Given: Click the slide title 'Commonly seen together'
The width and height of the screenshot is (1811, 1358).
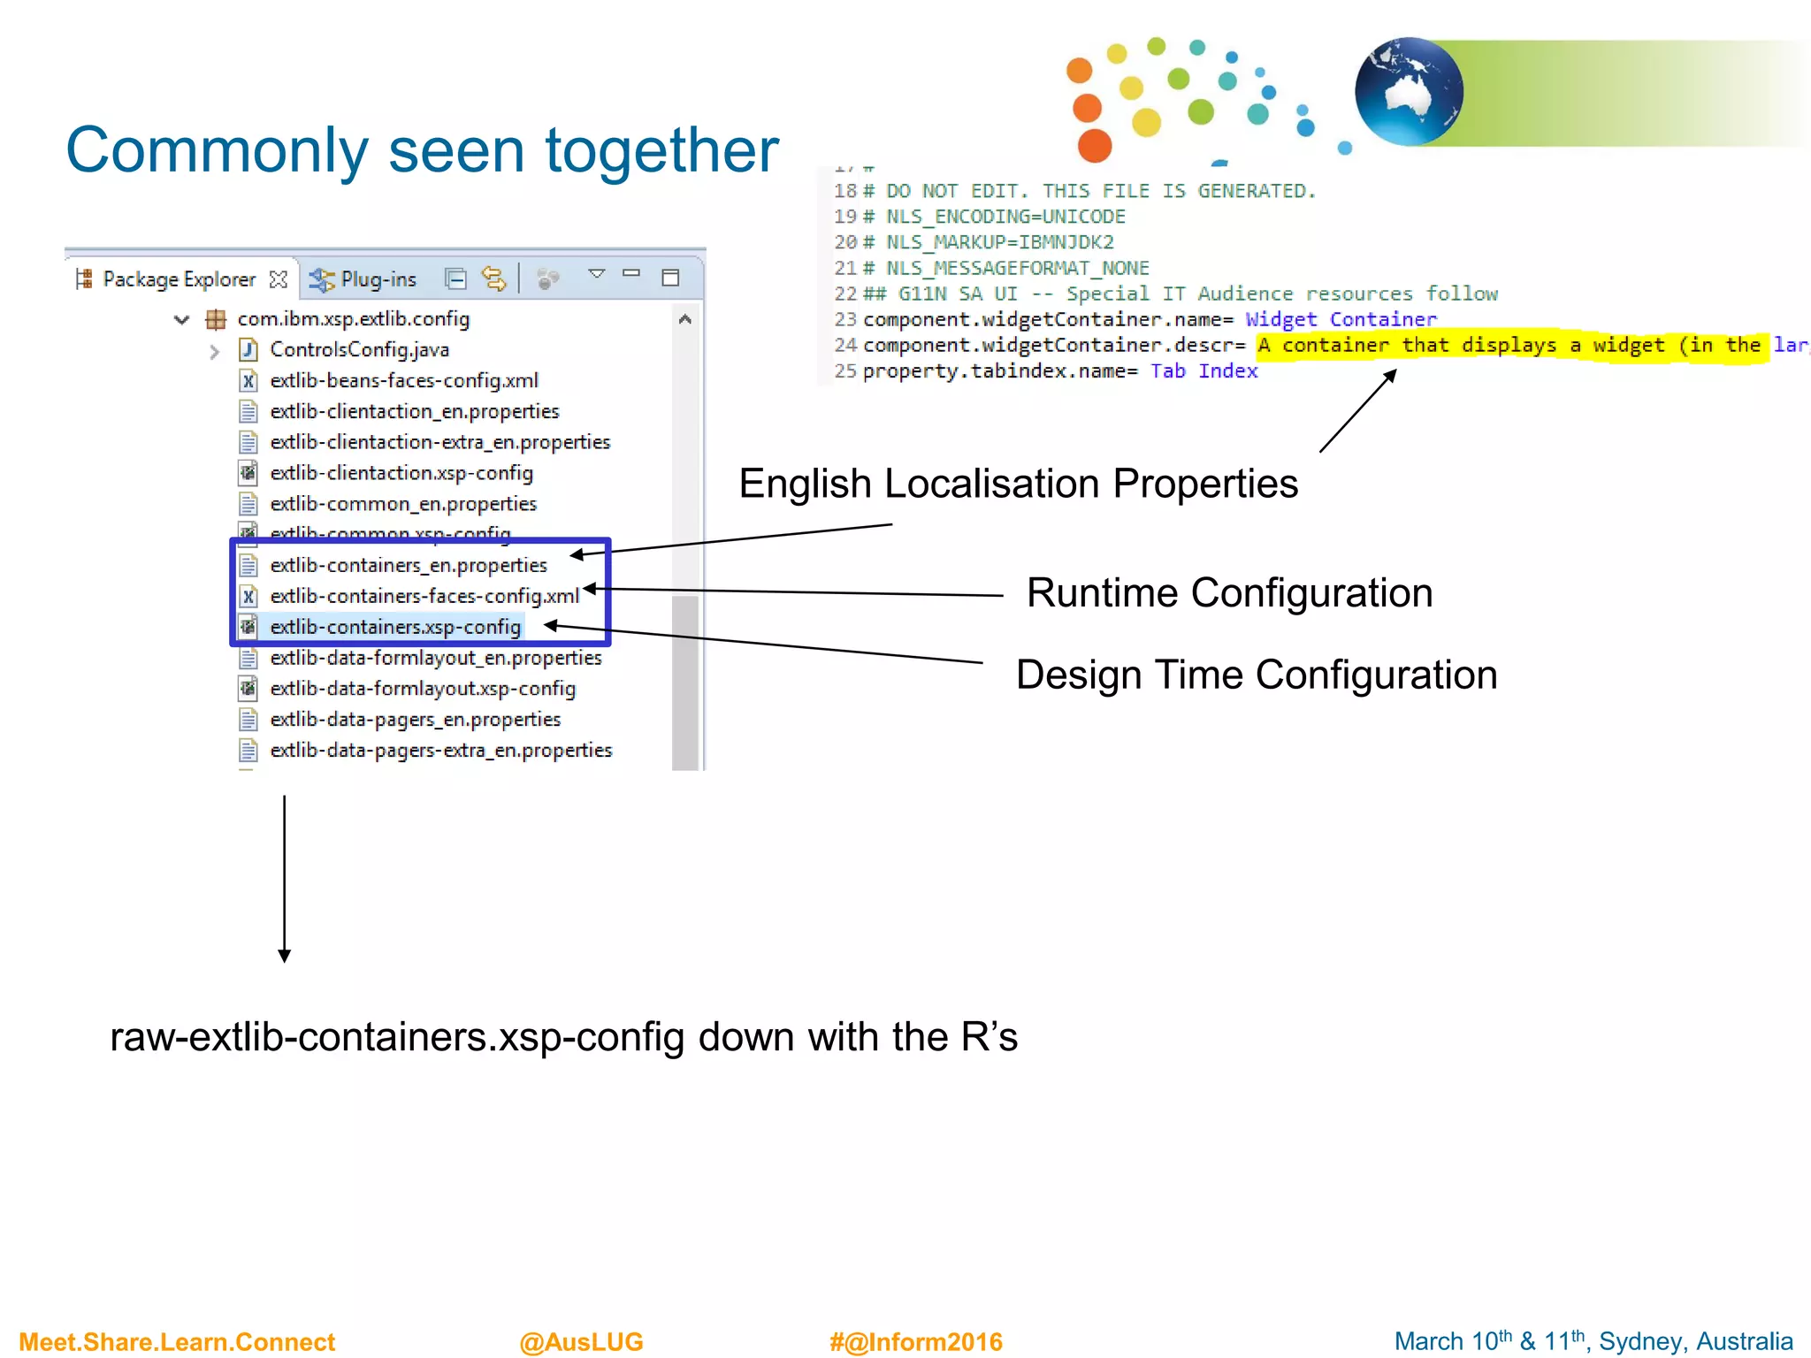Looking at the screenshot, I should (422, 150).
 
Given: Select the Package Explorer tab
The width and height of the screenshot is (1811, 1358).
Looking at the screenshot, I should (178, 279).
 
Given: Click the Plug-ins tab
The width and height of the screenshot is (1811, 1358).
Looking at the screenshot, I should (377, 279).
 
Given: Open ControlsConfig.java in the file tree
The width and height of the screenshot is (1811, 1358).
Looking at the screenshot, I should (359, 350).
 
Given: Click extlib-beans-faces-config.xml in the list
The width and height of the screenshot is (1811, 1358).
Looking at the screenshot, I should (403, 381).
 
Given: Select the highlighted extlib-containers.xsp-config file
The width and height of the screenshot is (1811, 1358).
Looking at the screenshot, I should (394, 627).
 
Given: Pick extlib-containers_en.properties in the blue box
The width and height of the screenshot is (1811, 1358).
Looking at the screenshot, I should (408, 565).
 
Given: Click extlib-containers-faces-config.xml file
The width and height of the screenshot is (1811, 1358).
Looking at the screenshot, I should (424, 596).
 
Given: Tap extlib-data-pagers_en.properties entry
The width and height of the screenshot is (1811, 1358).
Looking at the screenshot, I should (415, 720).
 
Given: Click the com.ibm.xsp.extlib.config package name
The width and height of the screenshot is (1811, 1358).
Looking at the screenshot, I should (353, 319).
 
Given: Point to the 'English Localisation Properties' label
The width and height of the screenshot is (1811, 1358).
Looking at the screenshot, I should (1018, 484).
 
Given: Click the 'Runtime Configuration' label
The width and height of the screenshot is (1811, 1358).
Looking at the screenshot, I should (1228, 592).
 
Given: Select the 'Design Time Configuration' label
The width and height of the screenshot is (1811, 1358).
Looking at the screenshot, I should (1256, 675).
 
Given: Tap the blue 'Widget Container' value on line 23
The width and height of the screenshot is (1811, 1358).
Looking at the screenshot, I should (1340, 319).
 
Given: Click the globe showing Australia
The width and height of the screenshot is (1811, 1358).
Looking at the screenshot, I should (1409, 92).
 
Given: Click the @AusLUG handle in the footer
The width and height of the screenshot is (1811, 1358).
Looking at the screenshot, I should (581, 1341).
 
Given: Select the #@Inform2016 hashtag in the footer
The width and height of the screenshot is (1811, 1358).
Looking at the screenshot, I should (915, 1341).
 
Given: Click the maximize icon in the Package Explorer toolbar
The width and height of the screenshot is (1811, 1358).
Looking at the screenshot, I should (670, 278).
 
